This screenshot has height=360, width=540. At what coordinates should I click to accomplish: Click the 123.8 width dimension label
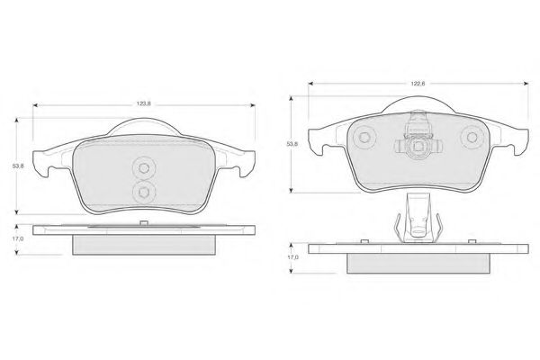tap(144, 103)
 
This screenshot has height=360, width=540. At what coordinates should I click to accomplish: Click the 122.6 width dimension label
tap(418, 84)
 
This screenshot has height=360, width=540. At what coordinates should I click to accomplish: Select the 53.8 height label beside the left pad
tap(18, 166)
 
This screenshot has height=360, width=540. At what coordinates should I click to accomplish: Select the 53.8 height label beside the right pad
tap(292, 144)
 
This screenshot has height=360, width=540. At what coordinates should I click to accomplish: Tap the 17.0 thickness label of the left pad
tap(18, 238)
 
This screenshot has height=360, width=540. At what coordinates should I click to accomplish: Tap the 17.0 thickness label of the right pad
tap(293, 257)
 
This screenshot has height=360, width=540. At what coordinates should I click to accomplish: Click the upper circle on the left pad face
tap(144, 168)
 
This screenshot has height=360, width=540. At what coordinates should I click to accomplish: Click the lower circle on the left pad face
tap(144, 192)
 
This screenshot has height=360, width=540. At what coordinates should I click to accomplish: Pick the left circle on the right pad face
tap(364, 138)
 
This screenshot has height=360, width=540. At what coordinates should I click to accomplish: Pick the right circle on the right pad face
tap(472, 138)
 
